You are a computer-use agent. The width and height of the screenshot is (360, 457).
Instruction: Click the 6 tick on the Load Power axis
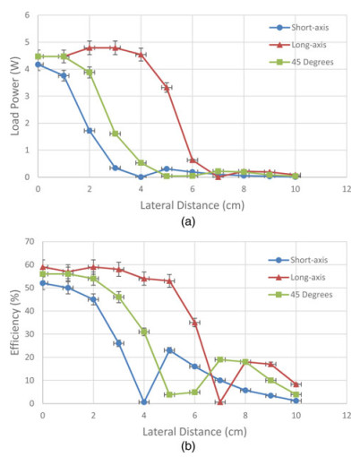(x=29, y=15)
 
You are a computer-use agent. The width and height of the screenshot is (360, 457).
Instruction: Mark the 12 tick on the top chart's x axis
(x=347, y=189)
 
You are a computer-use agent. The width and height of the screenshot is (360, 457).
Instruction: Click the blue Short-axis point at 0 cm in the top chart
(x=39, y=65)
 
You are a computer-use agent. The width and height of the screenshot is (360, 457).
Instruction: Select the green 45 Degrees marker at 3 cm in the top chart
(x=116, y=134)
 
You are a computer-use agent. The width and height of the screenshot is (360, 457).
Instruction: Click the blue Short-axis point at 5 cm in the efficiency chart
(x=169, y=350)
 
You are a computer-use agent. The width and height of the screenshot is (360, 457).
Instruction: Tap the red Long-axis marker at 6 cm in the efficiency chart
(x=195, y=323)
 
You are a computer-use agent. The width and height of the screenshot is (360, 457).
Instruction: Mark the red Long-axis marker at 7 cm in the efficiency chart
(x=220, y=402)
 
